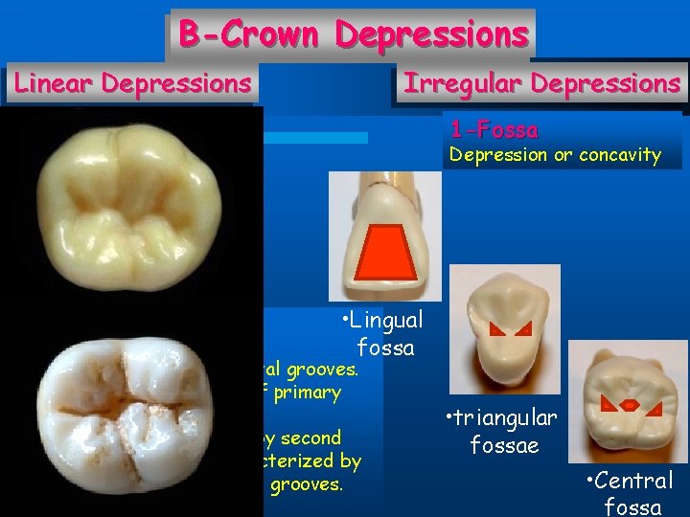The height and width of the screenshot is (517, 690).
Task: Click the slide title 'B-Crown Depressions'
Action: coord(353,34)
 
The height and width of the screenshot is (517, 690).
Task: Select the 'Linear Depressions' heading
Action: coord(132,83)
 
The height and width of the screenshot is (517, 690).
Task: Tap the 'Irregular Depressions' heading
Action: coord(541,83)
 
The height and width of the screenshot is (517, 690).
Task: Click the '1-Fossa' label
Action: coord(494,129)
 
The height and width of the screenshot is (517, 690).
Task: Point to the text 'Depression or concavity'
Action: coord(555,154)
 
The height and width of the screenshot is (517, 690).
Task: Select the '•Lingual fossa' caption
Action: coord(381,332)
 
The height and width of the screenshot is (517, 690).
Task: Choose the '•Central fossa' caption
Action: coord(632,492)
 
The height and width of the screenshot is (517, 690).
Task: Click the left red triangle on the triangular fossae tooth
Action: coord(496,329)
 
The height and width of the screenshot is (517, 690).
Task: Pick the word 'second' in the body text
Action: coord(310,438)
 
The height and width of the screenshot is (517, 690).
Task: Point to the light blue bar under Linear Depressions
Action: coord(315,138)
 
